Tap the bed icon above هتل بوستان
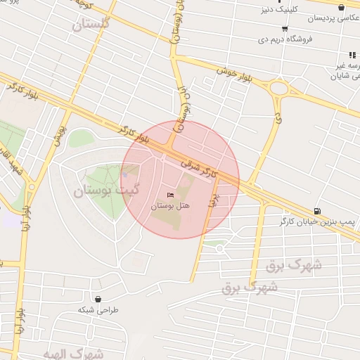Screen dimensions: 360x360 pyautogui.click(x=169, y=195)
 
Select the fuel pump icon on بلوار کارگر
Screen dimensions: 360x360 pyautogui.click(x=318, y=211)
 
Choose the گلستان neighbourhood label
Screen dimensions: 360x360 pyautogui.click(x=91, y=25)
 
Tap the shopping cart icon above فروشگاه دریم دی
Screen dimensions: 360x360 pyautogui.click(x=283, y=29)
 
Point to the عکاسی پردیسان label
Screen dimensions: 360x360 pyautogui.click(x=331, y=18)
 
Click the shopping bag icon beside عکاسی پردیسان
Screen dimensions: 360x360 pyautogui.click(x=341, y=6)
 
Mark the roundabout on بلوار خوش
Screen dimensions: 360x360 pyautogui.click(x=279, y=89)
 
